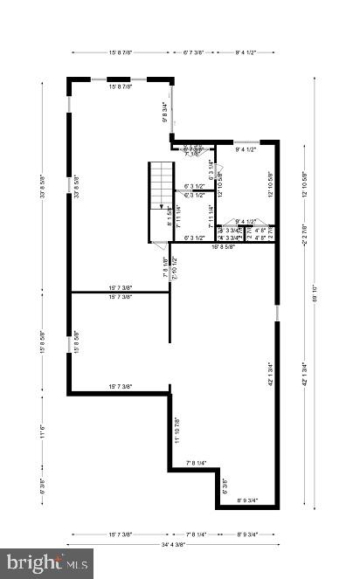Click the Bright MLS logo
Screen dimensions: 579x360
click(x=47, y=562)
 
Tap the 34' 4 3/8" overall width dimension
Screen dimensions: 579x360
click(x=173, y=544)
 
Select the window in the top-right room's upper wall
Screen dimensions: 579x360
click(x=247, y=141)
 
